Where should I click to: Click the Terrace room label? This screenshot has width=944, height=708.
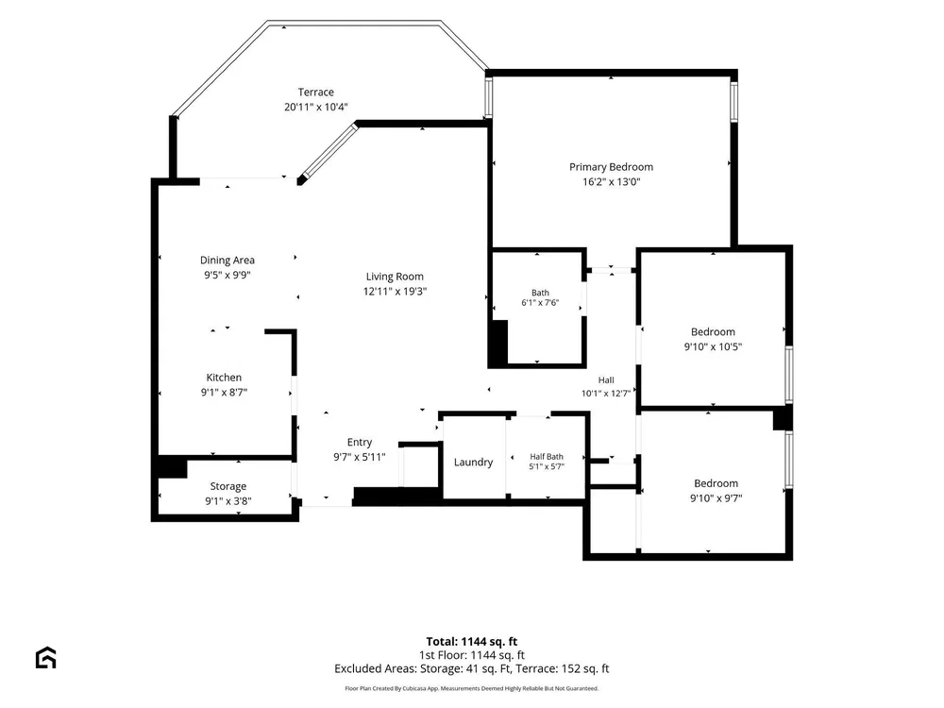[x=315, y=93]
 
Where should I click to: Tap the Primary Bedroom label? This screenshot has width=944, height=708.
[x=611, y=167]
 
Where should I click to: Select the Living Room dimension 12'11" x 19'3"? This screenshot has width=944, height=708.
[x=395, y=292]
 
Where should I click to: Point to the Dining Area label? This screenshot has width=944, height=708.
[x=227, y=261]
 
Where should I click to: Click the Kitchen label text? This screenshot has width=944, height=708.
[x=224, y=378]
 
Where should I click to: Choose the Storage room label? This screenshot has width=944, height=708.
[x=228, y=486]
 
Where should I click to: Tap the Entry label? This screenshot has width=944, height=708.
[x=360, y=442]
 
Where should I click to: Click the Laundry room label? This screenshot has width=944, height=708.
[x=473, y=463]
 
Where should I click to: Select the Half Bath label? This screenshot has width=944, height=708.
[x=547, y=457]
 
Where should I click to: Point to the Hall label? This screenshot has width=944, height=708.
[x=606, y=379]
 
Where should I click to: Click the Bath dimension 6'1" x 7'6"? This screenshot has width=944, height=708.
[x=540, y=303]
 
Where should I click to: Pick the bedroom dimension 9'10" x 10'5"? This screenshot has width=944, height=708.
[x=713, y=346]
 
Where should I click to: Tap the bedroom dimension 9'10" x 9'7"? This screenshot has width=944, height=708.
[x=716, y=498]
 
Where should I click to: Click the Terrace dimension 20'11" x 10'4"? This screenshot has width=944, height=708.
[x=316, y=108]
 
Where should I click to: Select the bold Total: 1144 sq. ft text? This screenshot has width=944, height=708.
[x=472, y=642]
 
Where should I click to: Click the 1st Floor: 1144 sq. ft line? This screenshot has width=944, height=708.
[x=472, y=655]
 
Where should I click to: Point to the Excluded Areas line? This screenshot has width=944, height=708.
[x=472, y=669]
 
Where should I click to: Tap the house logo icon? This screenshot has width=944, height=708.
[x=45, y=657]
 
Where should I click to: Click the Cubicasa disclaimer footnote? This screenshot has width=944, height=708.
[x=472, y=688]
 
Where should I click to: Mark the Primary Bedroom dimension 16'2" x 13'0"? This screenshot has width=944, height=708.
[x=611, y=182]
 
